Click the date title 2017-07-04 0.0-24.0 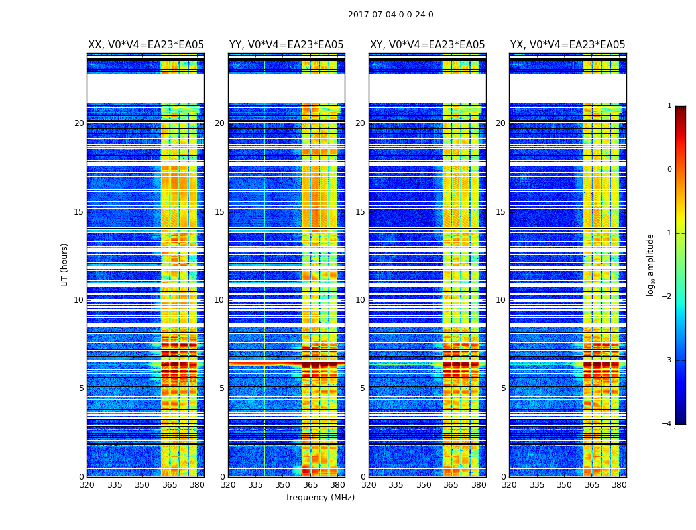[x=390, y=15]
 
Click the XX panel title [x=146, y=45]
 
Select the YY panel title [x=286, y=45]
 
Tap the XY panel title [x=427, y=45]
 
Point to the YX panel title [x=567, y=45]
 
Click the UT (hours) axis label [x=64, y=264]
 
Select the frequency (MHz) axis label [x=320, y=498]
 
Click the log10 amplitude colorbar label [x=650, y=265]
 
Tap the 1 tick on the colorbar [x=669, y=106]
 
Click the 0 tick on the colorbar [x=669, y=170]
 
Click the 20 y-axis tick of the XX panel [x=79, y=123]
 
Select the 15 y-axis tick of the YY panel [x=219, y=212]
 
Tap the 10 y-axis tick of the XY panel [x=360, y=300]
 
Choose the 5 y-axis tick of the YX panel [x=503, y=388]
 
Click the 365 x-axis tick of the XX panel [x=170, y=485]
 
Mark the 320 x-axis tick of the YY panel [x=228, y=485]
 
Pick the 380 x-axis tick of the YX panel [x=619, y=485]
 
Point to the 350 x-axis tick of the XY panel [x=424, y=485]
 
